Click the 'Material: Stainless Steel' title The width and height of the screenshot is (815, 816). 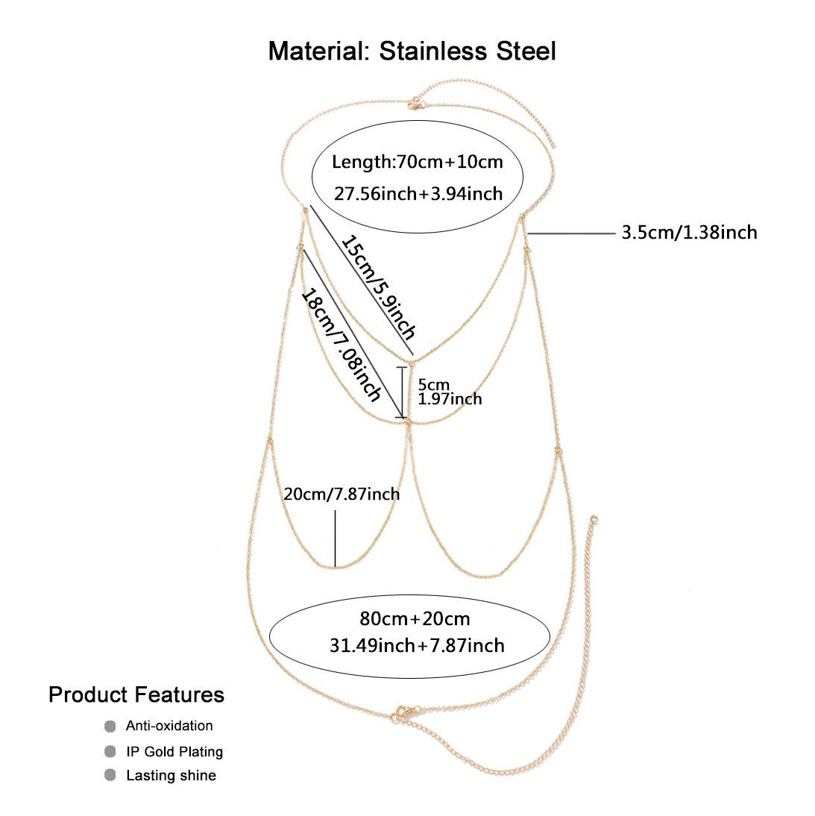point(412,51)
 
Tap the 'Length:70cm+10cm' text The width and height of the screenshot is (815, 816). point(418,162)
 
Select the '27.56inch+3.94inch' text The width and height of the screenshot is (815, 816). point(418,194)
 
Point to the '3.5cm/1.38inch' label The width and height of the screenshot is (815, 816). point(689,233)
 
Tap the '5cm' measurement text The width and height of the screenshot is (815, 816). point(433,385)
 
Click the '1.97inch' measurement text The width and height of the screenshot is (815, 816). point(450,399)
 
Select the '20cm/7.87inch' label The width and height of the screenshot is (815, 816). point(342,494)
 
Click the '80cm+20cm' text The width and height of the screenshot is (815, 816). point(415,618)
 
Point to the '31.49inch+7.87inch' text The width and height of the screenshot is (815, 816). point(417,645)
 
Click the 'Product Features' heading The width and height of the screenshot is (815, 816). point(136,694)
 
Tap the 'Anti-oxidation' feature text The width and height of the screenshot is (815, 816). point(169,726)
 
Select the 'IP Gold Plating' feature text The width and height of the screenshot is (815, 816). point(174,751)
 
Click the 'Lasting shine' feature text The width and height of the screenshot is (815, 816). point(171,776)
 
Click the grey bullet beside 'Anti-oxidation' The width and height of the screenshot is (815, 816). point(110,726)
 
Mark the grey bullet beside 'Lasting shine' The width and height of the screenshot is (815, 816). point(110,776)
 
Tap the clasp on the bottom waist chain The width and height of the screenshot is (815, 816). point(403,712)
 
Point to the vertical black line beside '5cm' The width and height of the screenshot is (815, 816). point(403,392)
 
